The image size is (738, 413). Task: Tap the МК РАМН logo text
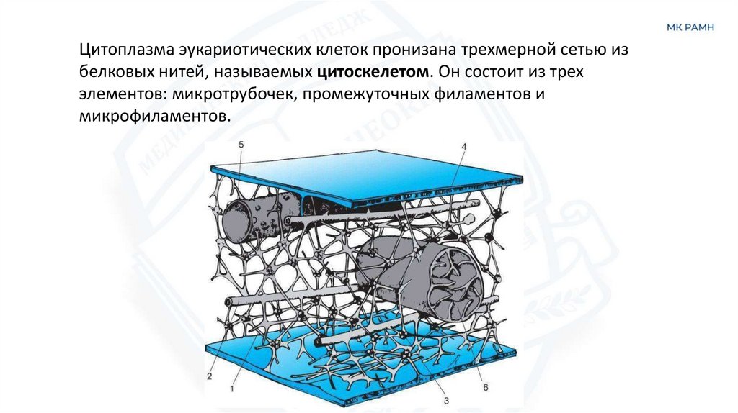(690, 28)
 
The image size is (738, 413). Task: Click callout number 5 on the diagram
(241, 145)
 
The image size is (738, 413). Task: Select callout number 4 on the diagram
(464, 147)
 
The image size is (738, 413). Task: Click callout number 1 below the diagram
(232, 389)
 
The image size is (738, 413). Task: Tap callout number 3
(446, 400)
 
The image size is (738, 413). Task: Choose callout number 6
(485, 387)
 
